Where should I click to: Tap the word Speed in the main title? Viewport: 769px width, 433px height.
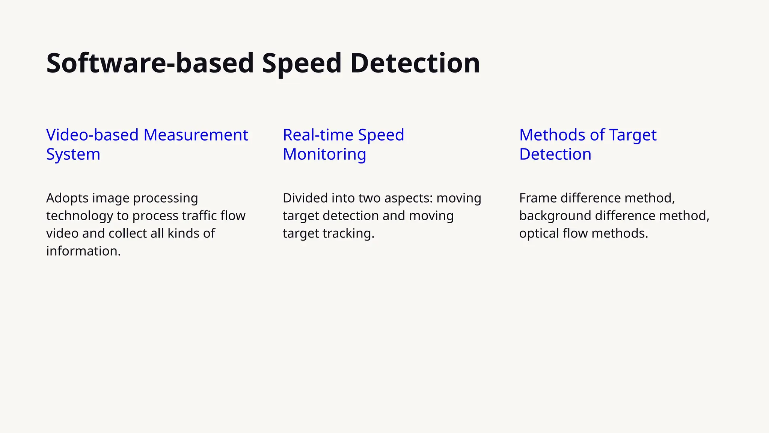click(302, 63)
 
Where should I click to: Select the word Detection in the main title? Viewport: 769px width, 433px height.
click(415, 63)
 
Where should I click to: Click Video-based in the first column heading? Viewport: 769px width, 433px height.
click(92, 135)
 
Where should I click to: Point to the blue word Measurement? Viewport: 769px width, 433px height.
click(196, 135)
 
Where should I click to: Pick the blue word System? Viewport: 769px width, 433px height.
click(73, 154)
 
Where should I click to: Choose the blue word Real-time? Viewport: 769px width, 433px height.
click(318, 135)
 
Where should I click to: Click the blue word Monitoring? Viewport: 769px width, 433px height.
click(324, 154)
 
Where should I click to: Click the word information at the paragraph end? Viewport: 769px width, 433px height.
click(83, 251)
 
